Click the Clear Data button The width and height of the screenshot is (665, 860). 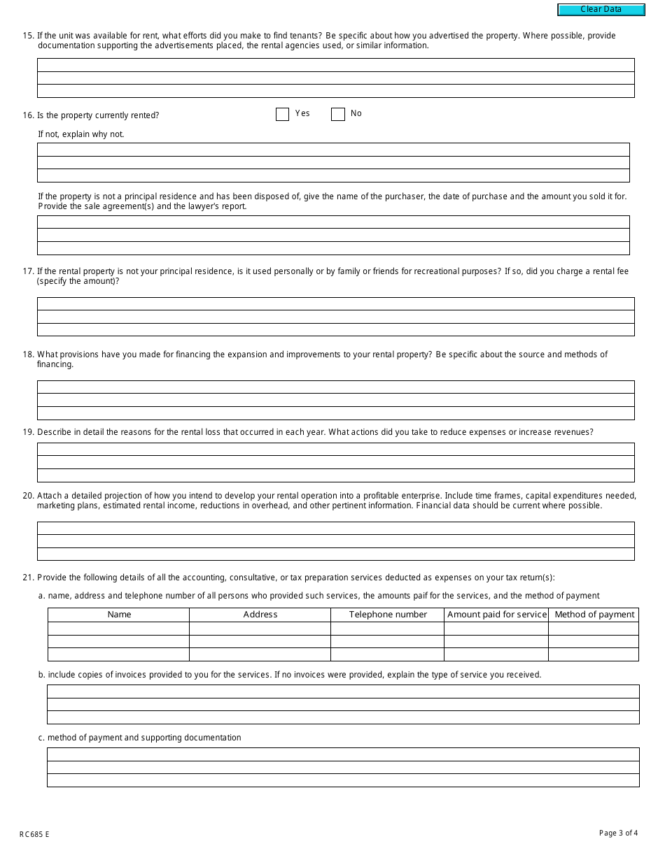click(601, 10)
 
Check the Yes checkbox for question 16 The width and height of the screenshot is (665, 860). click(283, 114)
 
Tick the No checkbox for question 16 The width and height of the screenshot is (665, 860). click(338, 114)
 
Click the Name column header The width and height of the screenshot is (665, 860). click(119, 615)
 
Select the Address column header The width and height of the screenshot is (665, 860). click(260, 615)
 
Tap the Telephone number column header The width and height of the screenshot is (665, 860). click(388, 615)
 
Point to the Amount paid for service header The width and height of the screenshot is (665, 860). click(496, 615)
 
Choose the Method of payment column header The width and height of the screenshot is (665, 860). click(594, 615)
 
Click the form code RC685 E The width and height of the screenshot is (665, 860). click(34, 834)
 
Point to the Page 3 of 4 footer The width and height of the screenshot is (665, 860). click(618, 833)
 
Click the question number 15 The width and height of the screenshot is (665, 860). click(28, 36)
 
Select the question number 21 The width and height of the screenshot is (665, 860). click(28, 578)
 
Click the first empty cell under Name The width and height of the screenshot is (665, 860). click(119, 629)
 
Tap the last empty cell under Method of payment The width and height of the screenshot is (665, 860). click(594, 654)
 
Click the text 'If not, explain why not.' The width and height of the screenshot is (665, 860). click(81, 134)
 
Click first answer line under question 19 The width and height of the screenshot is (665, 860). click(336, 450)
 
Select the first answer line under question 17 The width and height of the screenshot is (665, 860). click(336, 304)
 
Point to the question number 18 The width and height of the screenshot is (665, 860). click(28, 354)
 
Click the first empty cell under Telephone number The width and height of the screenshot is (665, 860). click(388, 629)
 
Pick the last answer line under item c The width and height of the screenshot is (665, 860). click(343, 780)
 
